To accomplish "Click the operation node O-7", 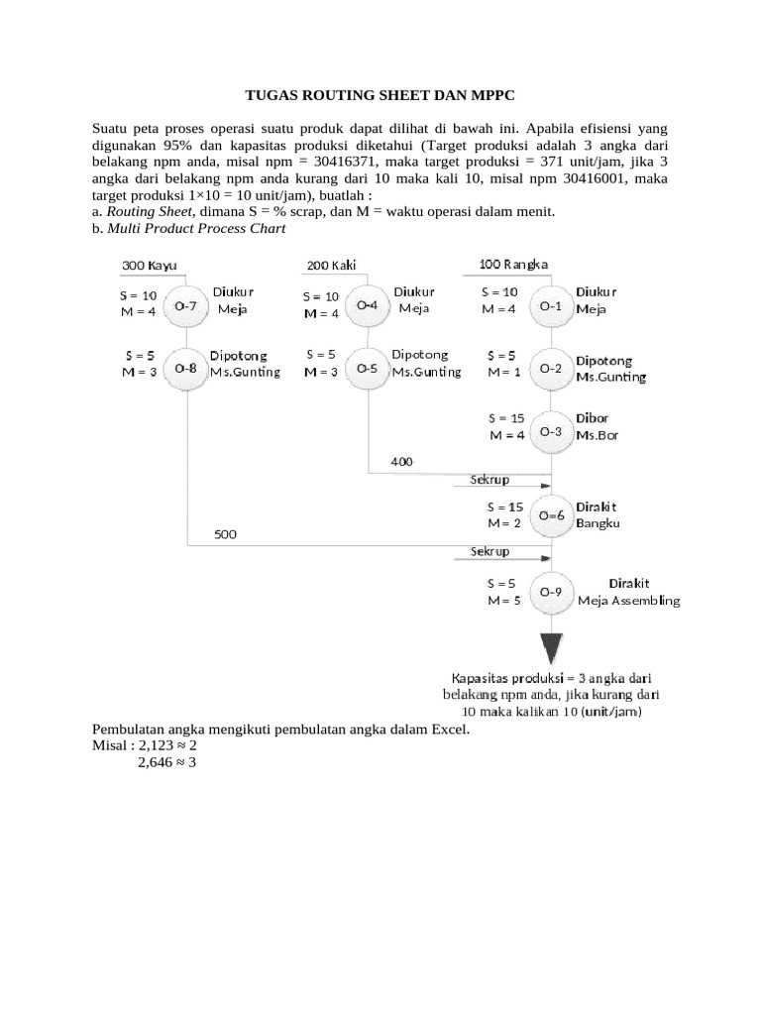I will click(186, 306).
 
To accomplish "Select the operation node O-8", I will click(186, 368).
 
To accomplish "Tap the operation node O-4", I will click(368, 305).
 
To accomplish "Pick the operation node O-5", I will click(368, 368).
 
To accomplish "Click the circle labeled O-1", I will click(551, 306).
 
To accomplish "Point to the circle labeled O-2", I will click(551, 368).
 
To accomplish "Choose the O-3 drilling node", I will click(551, 431).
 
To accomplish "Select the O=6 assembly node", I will click(551, 515).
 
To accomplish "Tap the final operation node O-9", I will click(551, 593).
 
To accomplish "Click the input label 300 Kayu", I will click(150, 266).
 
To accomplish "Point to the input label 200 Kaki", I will click(332, 266).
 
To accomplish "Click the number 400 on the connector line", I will click(403, 462).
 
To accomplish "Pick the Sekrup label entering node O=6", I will click(489, 480).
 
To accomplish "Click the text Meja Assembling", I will click(628, 600).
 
